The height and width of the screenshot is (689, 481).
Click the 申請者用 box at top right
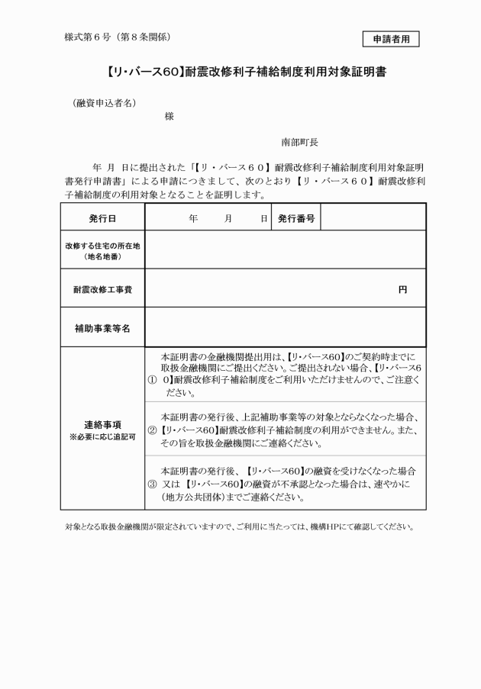coord(391,38)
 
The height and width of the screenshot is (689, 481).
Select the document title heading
coord(240,74)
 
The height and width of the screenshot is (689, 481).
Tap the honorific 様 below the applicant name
coord(169,116)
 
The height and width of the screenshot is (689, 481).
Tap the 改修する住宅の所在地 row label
coord(102,250)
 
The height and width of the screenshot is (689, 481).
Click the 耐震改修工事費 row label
coord(102,289)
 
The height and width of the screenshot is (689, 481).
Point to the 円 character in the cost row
coord(402,289)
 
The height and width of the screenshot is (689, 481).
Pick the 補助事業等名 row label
coord(102,327)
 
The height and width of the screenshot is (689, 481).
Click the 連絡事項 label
coord(102,423)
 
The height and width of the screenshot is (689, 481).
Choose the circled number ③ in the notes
coord(151,485)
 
